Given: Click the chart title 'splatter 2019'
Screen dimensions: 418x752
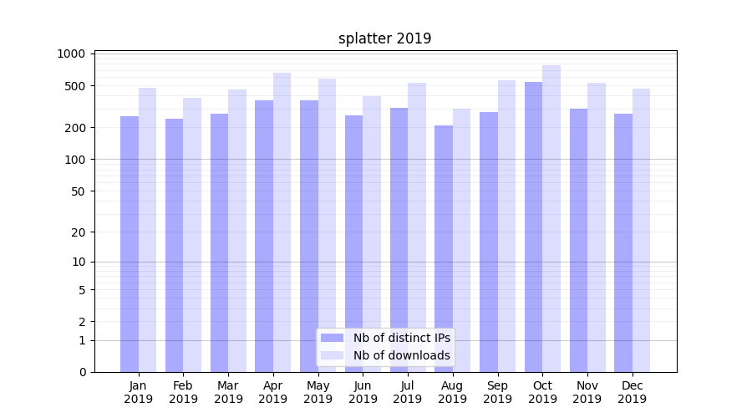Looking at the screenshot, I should (x=384, y=38).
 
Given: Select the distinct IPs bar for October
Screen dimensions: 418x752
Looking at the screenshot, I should (x=533, y=226).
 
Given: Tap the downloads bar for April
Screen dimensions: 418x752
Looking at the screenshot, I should (x=282, y=222).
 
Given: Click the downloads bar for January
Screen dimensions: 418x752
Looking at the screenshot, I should (x=147, y=230).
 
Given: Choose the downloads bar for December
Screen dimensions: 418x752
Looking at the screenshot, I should (x=641, y=230).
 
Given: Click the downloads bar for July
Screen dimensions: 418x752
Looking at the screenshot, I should (x=417, y=227).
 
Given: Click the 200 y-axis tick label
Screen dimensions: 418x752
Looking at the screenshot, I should (x=78, y=128).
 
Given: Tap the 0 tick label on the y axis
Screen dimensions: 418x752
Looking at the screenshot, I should (x=83, y=372).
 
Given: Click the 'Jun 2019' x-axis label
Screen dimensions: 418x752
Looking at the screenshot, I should (x=363, y=392).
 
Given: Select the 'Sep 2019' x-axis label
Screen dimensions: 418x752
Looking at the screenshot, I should (x=497, y=392).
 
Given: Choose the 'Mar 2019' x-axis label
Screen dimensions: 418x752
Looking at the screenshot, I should (x=228, y=392).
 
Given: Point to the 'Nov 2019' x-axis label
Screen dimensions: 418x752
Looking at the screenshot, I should (x=587, y=392).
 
